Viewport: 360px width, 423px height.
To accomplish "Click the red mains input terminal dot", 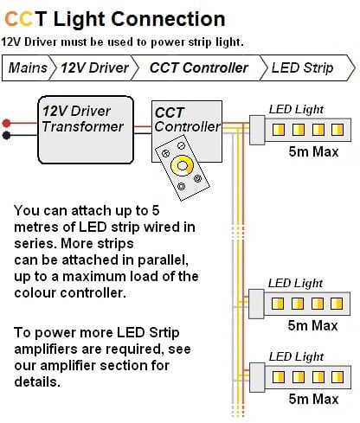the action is click(6, 123).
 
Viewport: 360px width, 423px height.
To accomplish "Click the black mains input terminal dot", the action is click(6, 135).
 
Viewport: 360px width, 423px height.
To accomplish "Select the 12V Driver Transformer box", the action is click(86, 130).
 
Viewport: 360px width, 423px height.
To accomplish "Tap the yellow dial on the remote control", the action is click(182, 166).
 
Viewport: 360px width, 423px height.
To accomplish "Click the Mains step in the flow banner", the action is click(28, 68).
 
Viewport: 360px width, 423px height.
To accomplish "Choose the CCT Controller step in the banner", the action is click(198, 68).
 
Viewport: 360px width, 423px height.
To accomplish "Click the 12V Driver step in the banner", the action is click(94, 68).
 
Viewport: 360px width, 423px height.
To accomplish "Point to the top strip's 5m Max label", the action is click(313, 151).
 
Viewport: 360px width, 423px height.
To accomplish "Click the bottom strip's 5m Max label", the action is click(313, 399).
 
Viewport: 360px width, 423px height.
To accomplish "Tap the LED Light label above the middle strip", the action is click(295, 283).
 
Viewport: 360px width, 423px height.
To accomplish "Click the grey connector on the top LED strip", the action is click(257, 130).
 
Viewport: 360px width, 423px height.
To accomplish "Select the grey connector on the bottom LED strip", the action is click(257, 377).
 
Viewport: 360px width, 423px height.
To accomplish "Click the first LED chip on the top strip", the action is click(279, 130).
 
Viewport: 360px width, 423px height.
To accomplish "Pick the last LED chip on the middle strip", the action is click(337, 304).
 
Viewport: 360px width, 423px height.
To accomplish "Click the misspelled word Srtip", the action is click(164, 333).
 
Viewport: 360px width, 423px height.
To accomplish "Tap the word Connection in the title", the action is click(168, 19).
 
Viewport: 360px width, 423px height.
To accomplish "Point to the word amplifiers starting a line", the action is click(46, 349).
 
